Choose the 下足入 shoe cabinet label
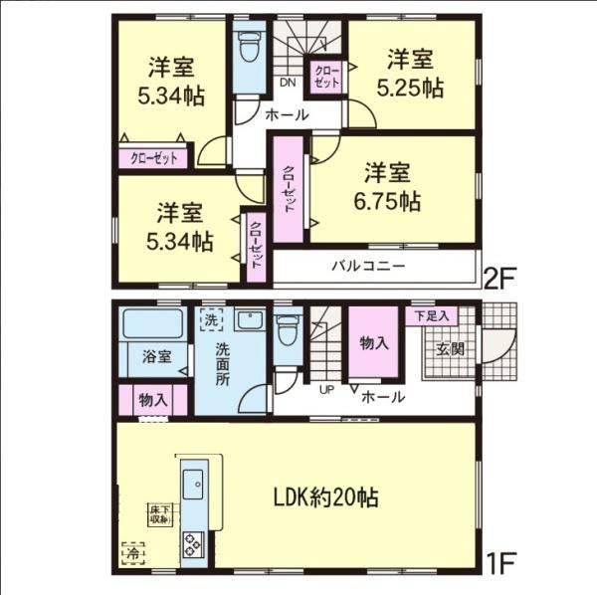[432, 315]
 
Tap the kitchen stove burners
[191, 545]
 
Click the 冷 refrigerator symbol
[131, 550]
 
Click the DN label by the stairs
[288, 82]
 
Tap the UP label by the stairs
[325, 389]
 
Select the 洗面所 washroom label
[224, 363]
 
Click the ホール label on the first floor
[383, 397]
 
